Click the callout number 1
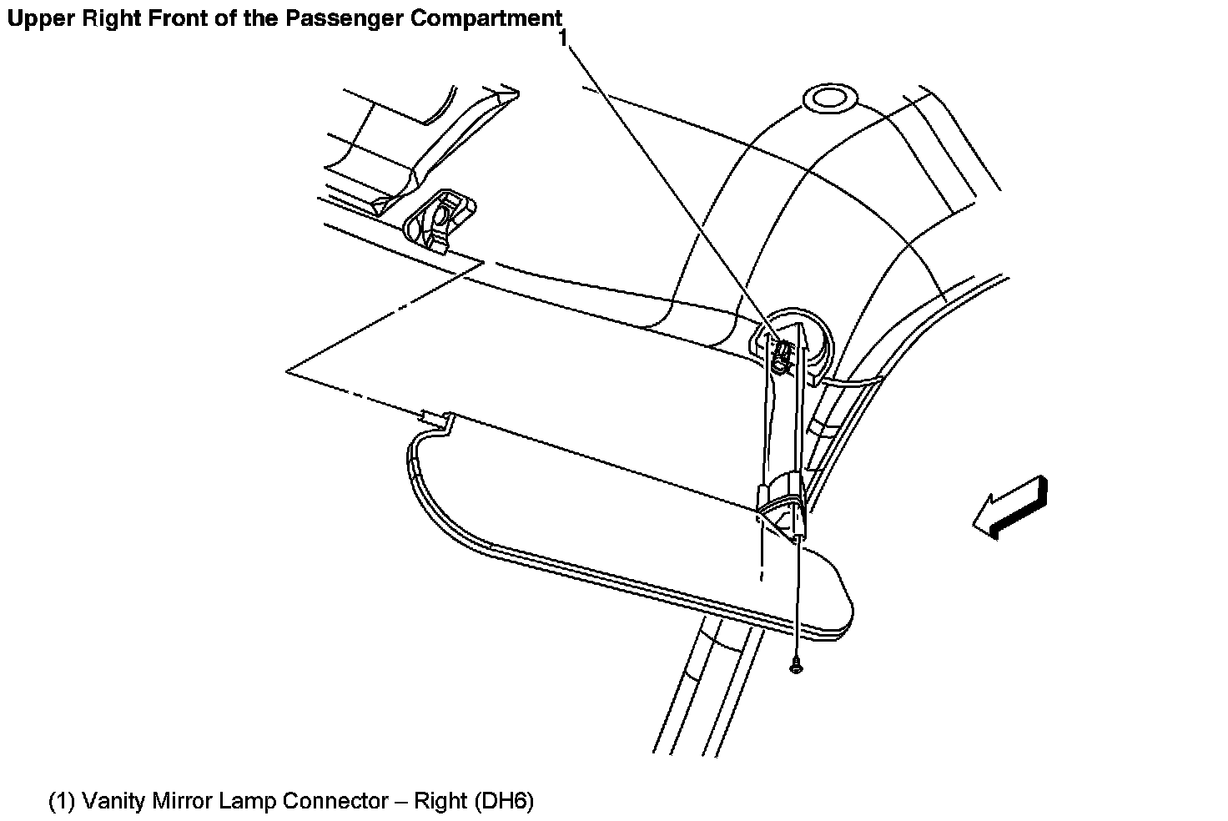565,38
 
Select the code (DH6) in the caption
504,802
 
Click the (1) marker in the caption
62,802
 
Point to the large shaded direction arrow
1010,506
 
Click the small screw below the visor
794,666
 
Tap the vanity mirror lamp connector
781,355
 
